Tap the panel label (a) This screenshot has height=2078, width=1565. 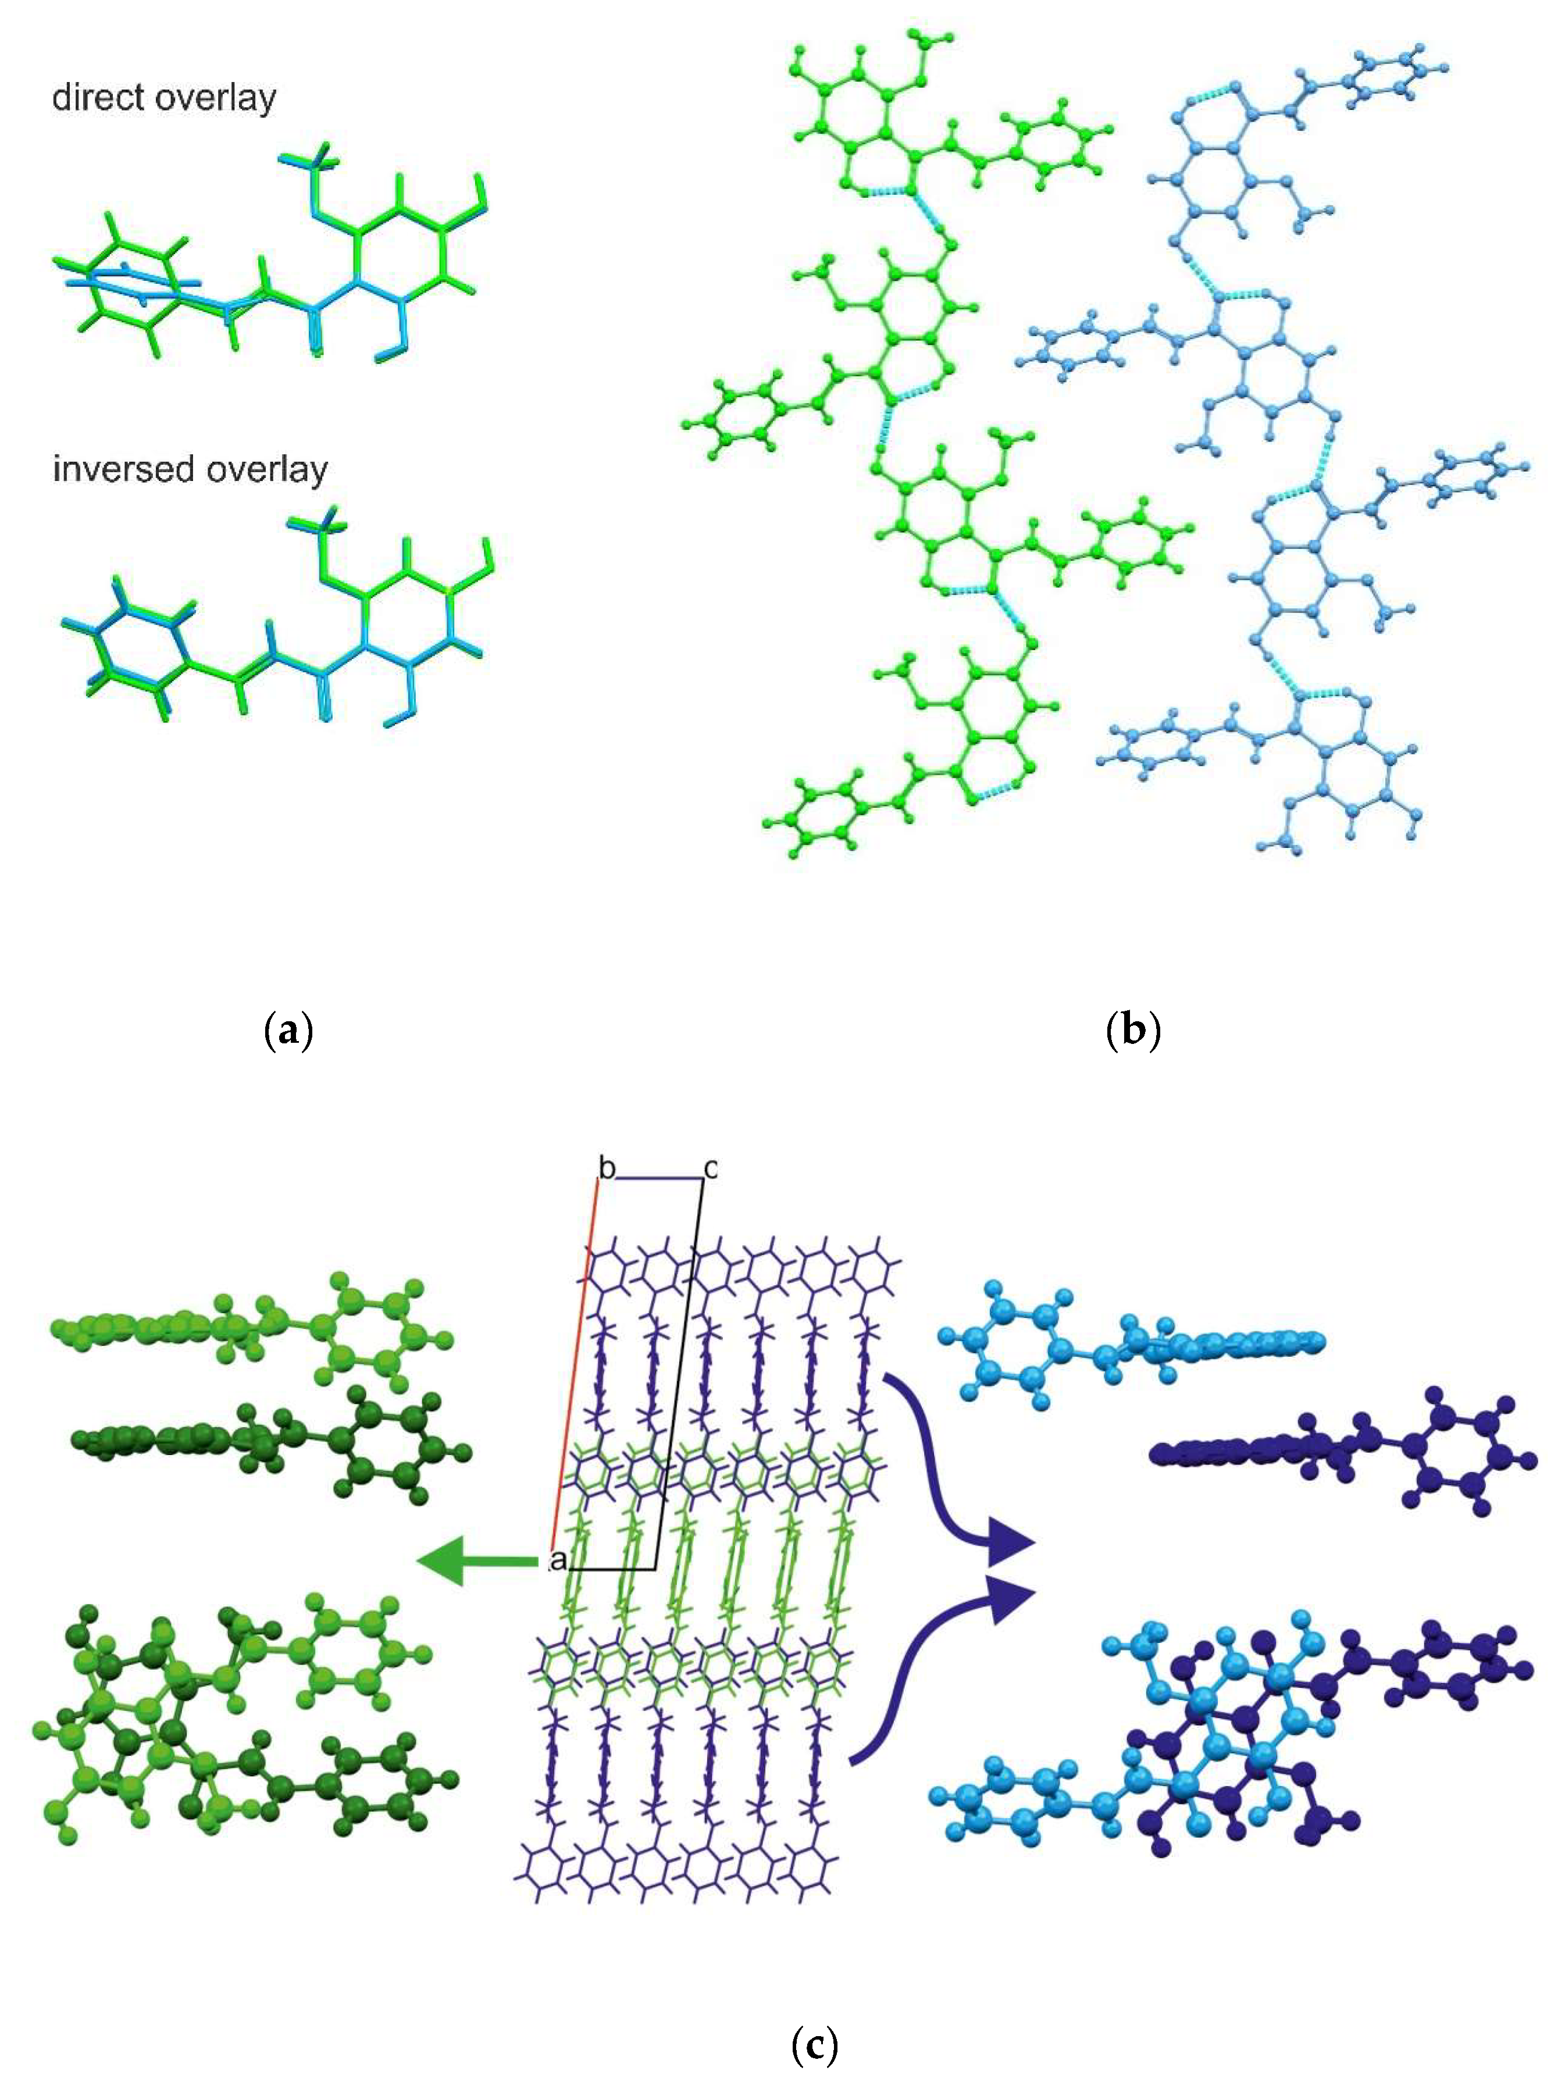coord(288,1031)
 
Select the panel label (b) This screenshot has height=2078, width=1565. coord(1134,1031)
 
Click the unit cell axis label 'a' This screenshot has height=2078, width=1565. coord(558,1562)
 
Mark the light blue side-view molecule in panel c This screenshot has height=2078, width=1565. coord(1127,1344)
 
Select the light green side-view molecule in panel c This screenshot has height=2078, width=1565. coord(244,1330)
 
